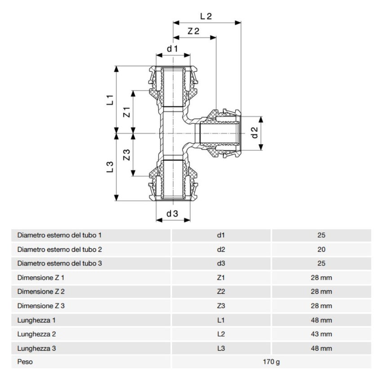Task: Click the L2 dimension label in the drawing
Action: coord(205,16)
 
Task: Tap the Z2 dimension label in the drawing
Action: coord(193,31)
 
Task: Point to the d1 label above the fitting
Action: coord(173,48)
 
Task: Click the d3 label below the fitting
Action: coord(173,214)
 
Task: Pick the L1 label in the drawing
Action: coord(110,100)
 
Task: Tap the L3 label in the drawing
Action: coord(110,167)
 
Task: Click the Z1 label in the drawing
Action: coord(127,112)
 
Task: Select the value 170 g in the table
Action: coord(271,362)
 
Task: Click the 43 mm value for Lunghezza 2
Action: coord(321,334)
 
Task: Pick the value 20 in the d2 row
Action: coord(321,249)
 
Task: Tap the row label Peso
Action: coord(25,362)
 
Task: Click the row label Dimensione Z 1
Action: coord(41,278)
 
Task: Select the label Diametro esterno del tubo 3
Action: coord(60,263)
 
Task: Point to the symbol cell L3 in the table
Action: coord(221,348)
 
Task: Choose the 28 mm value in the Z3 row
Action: coord(321,306)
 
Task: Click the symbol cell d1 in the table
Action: coord(221,235)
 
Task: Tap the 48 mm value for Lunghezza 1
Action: coord(321,320)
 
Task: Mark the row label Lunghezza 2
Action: coord(37,334)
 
